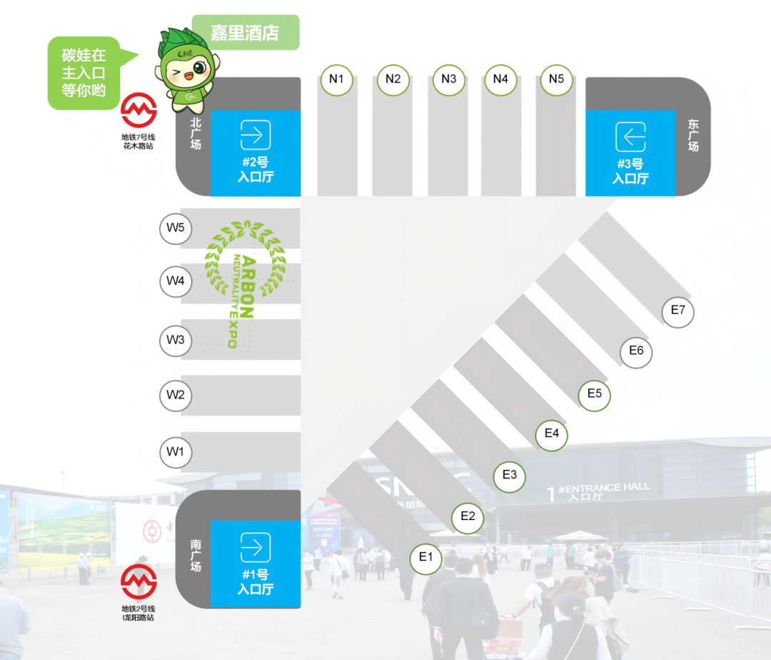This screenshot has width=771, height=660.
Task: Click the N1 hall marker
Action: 337,79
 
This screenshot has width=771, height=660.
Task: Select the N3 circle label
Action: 449,79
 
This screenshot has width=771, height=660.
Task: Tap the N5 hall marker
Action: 557,79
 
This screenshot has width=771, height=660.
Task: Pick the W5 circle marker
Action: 176,228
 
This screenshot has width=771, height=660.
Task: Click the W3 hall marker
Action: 176,340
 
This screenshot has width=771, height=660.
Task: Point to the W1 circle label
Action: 176,452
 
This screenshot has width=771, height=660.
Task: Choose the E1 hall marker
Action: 425,558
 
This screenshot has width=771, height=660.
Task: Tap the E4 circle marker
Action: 552,434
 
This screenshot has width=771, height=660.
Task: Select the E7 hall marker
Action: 678,311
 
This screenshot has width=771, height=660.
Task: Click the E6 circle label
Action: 636,351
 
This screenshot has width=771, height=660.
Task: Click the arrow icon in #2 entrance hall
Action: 255,135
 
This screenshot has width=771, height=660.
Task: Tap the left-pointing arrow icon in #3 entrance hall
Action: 630,136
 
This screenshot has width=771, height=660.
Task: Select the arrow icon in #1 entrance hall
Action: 255,547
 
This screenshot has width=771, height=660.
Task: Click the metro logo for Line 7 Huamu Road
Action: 138,110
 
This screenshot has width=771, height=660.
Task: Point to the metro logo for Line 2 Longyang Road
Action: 138,582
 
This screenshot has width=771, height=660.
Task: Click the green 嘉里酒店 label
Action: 246,32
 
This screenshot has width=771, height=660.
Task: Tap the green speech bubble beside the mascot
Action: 89,73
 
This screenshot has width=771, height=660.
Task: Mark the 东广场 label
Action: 692,135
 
